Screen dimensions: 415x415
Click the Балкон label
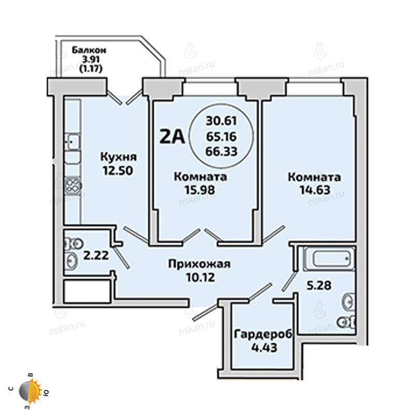pos(89,50)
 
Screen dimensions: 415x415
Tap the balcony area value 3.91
pos(91,59)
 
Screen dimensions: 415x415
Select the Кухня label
pos(119,157)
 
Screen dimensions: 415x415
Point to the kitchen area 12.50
pos(118,171)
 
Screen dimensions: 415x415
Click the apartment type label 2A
pos(172,137)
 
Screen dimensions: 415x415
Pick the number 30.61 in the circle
pos(222,121)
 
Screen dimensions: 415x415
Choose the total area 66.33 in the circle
pos(222,151)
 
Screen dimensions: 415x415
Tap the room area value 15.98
pos(200,190)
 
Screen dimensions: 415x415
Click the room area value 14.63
pos(315,190)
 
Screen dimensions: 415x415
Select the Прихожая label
pos(200,264)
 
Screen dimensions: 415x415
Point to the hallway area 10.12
pos(200,278)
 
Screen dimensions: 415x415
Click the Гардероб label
pos(264,334)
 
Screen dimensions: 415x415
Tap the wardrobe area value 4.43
pos(264,348)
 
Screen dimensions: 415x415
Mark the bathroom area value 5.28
pos(319,286)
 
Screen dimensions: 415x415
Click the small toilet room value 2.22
pos(96,255)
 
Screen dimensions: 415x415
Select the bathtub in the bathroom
pos(329,258)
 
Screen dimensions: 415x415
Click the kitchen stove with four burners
pos(73,186)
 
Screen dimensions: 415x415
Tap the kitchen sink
pos(73,142)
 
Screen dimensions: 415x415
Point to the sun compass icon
pos(30,392)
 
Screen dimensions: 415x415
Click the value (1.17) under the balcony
pos(91,69)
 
